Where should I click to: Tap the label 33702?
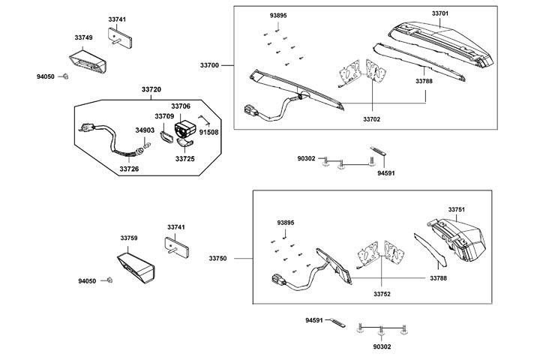pyautogui.click(x=373, y=119)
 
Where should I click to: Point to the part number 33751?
pyautogui.click(x=457, y=209)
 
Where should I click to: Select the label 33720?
pyautogui.click(x=151, y=89)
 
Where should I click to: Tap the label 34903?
pyautogui.click(x=145, y=130)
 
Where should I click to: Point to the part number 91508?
pyautogui.click(x=209, y=131)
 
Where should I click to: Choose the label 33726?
pyautogui.click(x=129, y=169)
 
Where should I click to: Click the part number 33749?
pyautogui.click(x=84, y=37)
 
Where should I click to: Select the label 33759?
pyautogui.click(x=129, y=238)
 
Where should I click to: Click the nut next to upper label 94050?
pyautogui.click(x=65, y=76)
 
